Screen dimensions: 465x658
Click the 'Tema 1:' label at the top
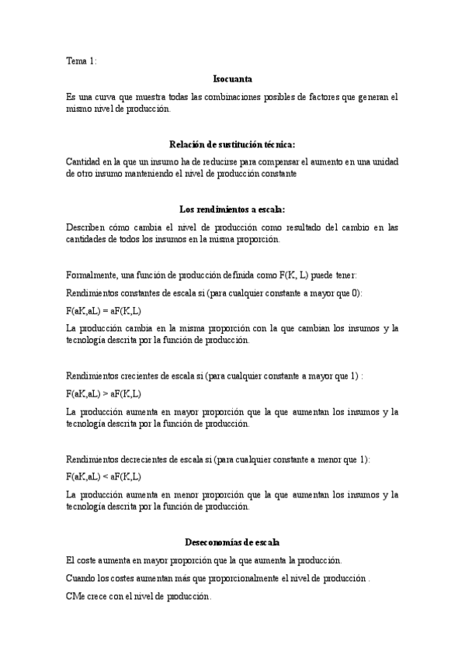pyautogui.click(x=82, y=61)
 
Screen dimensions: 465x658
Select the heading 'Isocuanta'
pyautogui.click(x=232, y=79)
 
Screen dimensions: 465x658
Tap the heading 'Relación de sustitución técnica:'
pyautogui.click(x=232, y=144)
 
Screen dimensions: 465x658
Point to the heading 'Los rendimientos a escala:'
pyautogui.click(x=232, y=209)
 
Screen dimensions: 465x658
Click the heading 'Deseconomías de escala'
pyautogui.click(x=232, y=541)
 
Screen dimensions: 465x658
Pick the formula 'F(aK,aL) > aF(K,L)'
pyautogui.click(x=104, y=394)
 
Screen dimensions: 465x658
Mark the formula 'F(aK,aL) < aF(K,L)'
pyautogui.click(x=104, y=476)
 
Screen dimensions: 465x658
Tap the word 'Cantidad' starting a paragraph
pyautogui.click(x=84, y=161)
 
